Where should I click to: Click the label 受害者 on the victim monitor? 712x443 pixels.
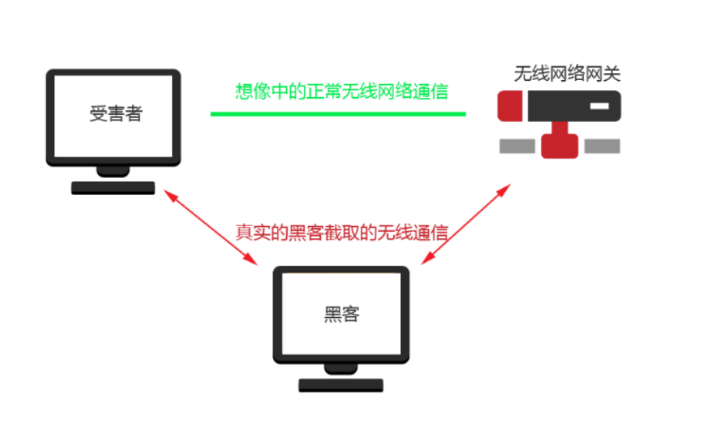[x=116, y=113]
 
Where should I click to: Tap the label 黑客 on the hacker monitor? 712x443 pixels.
[x=341, y=314]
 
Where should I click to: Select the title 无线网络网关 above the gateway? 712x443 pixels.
[x=567, y=74]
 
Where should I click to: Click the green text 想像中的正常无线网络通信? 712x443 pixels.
[x=342, y=91]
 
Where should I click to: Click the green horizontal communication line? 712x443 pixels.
[x=338, y=114]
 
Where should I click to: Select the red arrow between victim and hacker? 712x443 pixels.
[x=211, y=228]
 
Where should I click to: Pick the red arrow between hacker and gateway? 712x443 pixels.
[x=466, y=224]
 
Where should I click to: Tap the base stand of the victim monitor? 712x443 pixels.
[x=113, y=187]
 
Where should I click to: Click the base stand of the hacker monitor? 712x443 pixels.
[x=341, y=385]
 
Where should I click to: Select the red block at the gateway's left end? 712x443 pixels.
[x=509, y=106]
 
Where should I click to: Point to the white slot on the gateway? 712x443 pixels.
[x=597, y=105]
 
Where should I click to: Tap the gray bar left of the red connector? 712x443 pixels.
[x=517, y=146]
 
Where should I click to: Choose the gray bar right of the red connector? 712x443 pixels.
[x=602, y=146]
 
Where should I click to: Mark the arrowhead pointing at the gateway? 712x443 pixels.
[x=506, y=189]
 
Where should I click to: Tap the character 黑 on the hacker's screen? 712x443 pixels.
[x=332, y=314]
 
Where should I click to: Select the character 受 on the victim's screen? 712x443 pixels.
[x=98, y=113]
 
